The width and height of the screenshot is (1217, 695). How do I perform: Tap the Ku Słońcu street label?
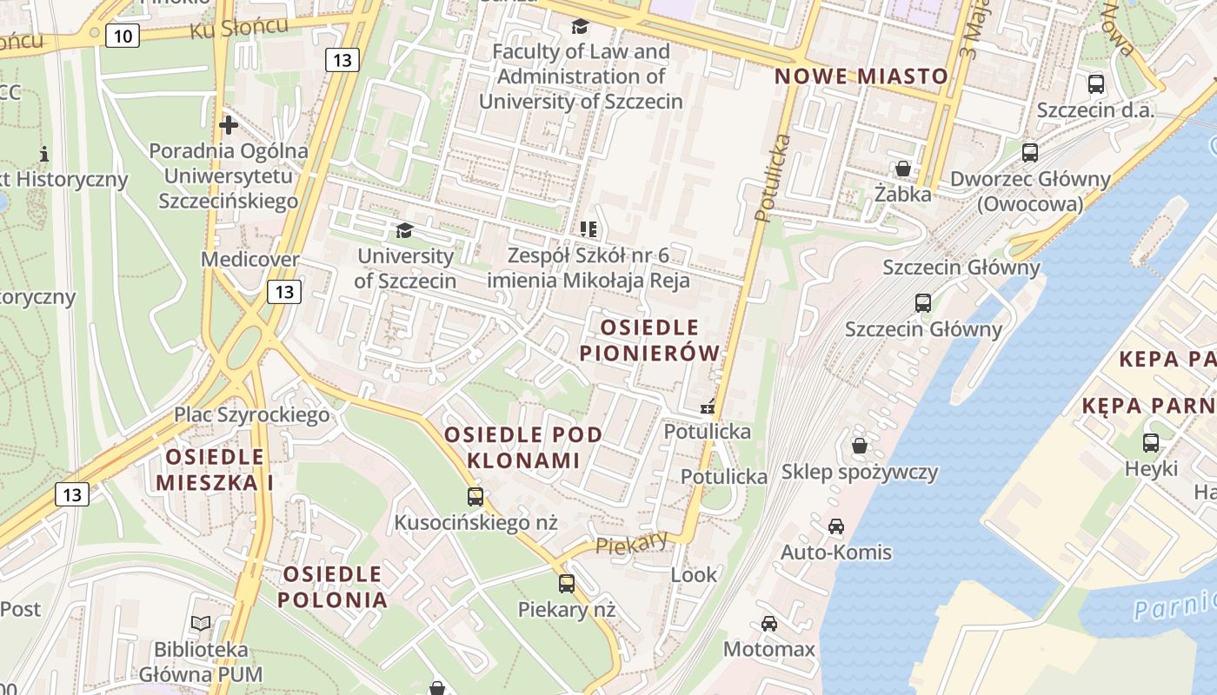pos(239,29)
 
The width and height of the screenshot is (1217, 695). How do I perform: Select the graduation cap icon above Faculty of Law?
pos(580,27)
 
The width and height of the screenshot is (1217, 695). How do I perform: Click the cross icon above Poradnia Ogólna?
pos(229,125)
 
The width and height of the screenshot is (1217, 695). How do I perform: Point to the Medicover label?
pos(249,259)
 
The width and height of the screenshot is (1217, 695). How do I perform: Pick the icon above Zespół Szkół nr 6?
pos(589,229)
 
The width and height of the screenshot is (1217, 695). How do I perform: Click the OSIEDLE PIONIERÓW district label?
pos(649,340)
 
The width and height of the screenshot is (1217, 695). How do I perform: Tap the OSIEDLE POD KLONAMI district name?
pos(523,447)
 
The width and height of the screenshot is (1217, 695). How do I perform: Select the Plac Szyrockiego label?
pos(252,414)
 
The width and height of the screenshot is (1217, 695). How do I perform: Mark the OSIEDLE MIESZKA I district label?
pos(215,469)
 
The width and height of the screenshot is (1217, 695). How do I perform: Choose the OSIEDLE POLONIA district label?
pos(333,586)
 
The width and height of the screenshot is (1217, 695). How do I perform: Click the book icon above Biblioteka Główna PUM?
pos(201,623)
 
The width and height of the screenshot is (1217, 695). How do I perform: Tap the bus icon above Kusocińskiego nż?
pos(475,497)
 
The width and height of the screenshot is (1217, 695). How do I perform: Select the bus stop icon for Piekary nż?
pos(567,583)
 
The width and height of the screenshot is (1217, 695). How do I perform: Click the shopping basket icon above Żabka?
pos(903,168)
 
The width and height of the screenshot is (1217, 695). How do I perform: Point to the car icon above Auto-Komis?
pos(835,526)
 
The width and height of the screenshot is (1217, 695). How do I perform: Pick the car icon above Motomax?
pos(769,623)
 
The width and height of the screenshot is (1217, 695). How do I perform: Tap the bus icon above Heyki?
pos(1151,442)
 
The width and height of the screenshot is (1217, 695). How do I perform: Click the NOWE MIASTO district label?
pos(861,76)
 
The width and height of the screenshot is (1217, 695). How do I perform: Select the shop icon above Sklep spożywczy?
pos(860,446)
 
